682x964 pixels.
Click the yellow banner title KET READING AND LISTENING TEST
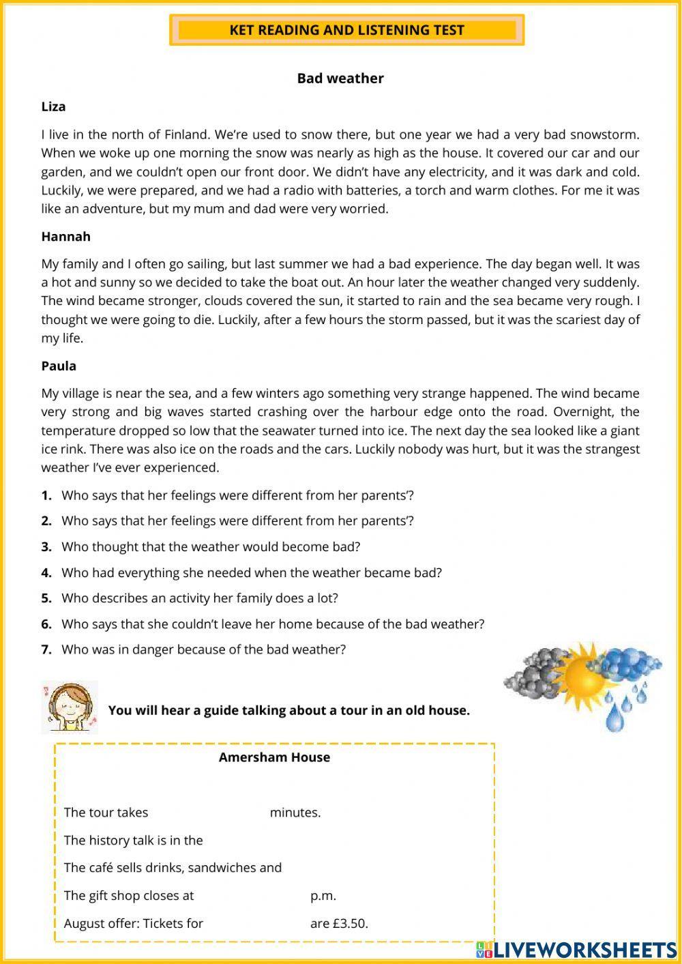[346, 30]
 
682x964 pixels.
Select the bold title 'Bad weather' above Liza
[340, 78]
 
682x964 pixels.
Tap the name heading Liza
[53, 106]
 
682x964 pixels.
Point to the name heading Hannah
[65, 237]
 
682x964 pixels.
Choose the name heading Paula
[59, 366]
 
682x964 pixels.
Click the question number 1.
[46, 495]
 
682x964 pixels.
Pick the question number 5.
[46, 598]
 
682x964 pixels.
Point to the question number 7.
[46, 649]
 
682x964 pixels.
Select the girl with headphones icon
[70, 707]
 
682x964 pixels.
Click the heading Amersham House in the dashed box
[274, 757]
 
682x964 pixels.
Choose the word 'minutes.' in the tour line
[295, 813]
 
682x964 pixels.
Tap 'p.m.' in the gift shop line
[323, 896]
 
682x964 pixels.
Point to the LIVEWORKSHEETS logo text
[584, 950]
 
